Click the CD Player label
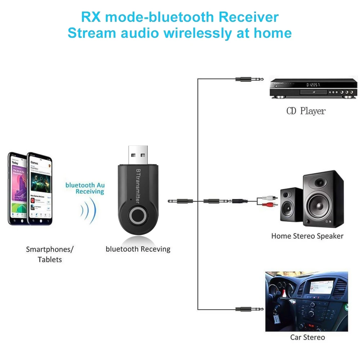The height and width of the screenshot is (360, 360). pos(306,111)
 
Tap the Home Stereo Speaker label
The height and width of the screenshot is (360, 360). pos(307,236)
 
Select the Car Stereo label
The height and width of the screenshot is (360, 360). pos(307,337)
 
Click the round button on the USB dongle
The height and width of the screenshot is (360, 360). pos(138,216)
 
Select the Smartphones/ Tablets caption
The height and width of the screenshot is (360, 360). pos(50,254)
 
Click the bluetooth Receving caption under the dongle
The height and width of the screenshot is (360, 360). pos(138,249)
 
